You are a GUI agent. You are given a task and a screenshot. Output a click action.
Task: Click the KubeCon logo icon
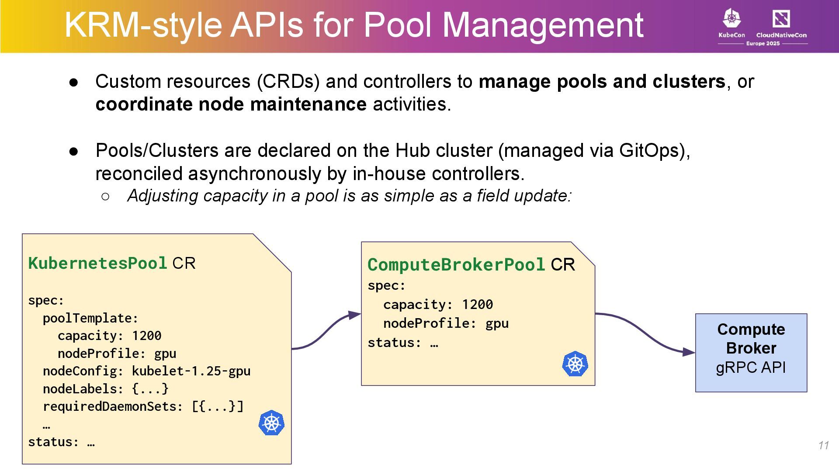pos(732,19)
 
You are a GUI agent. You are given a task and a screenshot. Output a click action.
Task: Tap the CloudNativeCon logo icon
pos(781,19)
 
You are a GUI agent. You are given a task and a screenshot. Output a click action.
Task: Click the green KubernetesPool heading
pos(97,263)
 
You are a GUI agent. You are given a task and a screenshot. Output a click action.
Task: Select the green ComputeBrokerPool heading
pos(456,264)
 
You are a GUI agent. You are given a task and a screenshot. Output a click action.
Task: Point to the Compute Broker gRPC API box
pos(751,352)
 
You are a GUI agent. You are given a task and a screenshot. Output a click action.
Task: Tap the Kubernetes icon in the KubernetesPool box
pos(271,423)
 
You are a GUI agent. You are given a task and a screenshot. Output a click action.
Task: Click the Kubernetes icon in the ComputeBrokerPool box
pos(575,364)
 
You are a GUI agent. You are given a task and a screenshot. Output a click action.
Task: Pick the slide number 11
pos(823,445)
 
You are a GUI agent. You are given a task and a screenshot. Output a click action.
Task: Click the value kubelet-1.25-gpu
pos(191,371)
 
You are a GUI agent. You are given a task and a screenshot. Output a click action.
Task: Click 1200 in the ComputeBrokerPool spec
pos(477,304)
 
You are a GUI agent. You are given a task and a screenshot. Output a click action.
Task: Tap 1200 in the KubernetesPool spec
pos(146,336)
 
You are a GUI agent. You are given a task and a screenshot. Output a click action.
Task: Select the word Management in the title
pos(543,25)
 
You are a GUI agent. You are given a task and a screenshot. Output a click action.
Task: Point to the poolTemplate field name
pos(90,318)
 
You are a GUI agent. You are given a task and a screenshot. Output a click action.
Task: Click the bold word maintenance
pos(308,104)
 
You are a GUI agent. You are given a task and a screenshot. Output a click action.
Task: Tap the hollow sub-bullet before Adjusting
pos(105,196)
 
